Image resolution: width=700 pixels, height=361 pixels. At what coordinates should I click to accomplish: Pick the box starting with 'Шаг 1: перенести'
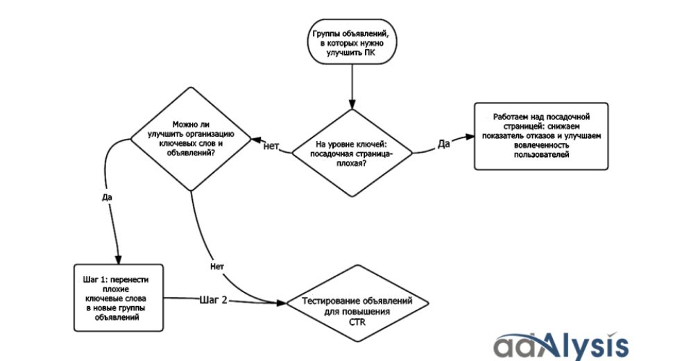pos(119,297)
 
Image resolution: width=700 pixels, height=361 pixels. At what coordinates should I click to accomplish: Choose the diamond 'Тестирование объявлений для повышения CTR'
pos(357,305)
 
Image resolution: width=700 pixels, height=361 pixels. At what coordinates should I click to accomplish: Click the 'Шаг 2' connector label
pos(214,300)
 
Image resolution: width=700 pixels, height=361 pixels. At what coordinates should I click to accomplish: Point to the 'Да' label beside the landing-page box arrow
pos(444,144)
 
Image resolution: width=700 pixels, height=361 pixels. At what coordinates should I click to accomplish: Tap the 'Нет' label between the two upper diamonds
pos(271,146)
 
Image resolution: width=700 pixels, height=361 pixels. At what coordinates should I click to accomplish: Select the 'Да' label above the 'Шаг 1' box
pos(107,197)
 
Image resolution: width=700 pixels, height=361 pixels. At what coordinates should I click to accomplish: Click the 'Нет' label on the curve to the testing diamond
pos(216,266)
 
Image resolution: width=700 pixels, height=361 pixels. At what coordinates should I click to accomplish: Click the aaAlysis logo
pos(561,345)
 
